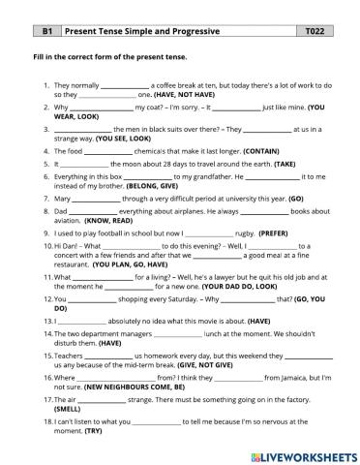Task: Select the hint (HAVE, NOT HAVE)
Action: [180, 96]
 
